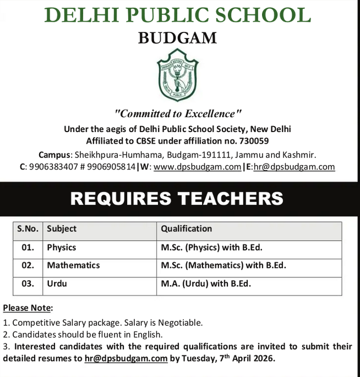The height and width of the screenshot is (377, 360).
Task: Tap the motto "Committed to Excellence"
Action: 178,114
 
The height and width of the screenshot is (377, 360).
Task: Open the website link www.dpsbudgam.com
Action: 198,167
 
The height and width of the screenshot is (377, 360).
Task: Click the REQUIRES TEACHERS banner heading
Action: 177,198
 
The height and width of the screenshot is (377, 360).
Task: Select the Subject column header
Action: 62,228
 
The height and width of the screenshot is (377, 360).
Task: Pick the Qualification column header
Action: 186,228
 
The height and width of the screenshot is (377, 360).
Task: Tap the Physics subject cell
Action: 62,247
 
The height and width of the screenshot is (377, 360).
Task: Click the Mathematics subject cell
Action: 73,265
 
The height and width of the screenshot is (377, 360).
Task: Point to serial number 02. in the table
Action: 28,265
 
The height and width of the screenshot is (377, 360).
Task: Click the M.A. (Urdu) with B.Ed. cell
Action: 206,284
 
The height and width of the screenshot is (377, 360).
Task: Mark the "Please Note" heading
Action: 28,308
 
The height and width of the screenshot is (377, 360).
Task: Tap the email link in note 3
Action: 126,358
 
